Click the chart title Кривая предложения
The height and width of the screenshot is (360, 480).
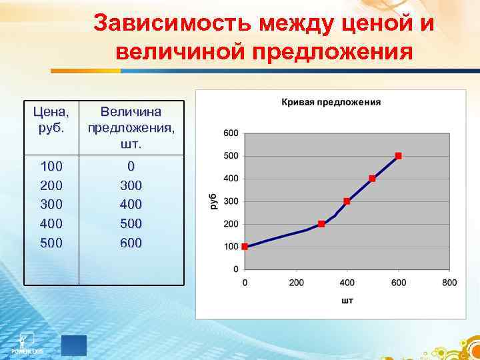click(x=331, y=102)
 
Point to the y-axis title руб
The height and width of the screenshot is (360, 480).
click(x=214, y=201)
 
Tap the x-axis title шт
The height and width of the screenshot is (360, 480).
click(x=347, y=301)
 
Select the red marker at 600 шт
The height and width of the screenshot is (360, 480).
click(x=398, y=156)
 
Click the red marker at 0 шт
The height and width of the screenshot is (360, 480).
click(x=245, y=247)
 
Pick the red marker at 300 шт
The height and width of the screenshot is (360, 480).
click(x=321, y=224)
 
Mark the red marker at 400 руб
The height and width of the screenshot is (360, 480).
click(x=372, y=179)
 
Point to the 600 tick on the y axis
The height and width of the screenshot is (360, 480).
click(x=231, y=133)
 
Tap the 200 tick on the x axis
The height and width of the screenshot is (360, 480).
click(x=296, y=283)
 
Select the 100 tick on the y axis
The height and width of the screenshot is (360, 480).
click(x=231, y=247)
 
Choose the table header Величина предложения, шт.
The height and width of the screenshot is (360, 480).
click(x=131, y=127)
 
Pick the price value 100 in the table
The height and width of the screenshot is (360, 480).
click(x=52, y=166)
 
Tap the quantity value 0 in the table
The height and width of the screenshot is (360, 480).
click(x=131, y=166)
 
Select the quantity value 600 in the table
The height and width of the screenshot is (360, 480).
click(x=131, y=243)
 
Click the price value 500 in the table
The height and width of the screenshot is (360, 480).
click(x=52, y=243)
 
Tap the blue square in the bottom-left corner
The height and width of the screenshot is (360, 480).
click(x=74, y=345)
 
